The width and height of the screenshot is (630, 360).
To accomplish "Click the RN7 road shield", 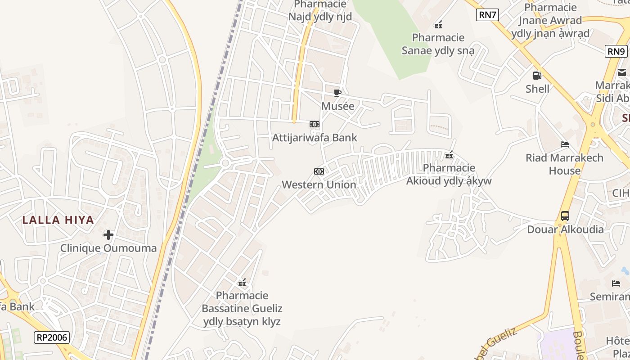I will pos(487,15).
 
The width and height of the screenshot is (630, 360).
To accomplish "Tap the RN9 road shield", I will pos(616,51).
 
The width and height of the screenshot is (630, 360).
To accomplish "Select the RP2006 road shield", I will pos(52,337).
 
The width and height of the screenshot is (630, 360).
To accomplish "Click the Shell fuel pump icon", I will pos(537,76).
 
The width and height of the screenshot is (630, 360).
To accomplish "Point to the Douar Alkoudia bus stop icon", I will pos(565,216).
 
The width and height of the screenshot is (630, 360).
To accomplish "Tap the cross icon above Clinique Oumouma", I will pos(108,235).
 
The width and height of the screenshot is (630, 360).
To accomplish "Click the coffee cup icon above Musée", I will pos(337,93).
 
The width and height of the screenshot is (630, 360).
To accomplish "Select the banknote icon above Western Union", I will pos(319,171).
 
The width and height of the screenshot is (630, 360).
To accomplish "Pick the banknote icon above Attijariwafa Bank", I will pos(315,124).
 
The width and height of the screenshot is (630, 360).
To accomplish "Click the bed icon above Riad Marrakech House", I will pos(565,144).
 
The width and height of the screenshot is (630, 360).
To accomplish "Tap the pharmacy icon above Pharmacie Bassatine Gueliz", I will pos(242,283).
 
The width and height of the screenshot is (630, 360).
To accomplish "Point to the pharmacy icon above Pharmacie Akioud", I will pos(449,155).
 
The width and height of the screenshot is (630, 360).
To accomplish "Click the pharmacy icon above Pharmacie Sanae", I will pos(438,25).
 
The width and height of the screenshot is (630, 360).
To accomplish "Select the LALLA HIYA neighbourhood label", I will pos(58,220).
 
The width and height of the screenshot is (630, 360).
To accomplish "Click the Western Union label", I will pos(319,184).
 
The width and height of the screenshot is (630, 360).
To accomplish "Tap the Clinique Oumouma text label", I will pos(108,248).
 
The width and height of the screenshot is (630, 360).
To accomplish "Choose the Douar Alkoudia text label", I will pos(565,229).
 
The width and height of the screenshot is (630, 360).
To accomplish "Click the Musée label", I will pos(337,106).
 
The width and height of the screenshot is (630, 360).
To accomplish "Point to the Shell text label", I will pos(537,89).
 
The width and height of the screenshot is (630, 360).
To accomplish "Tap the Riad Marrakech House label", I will pos(564,164).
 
